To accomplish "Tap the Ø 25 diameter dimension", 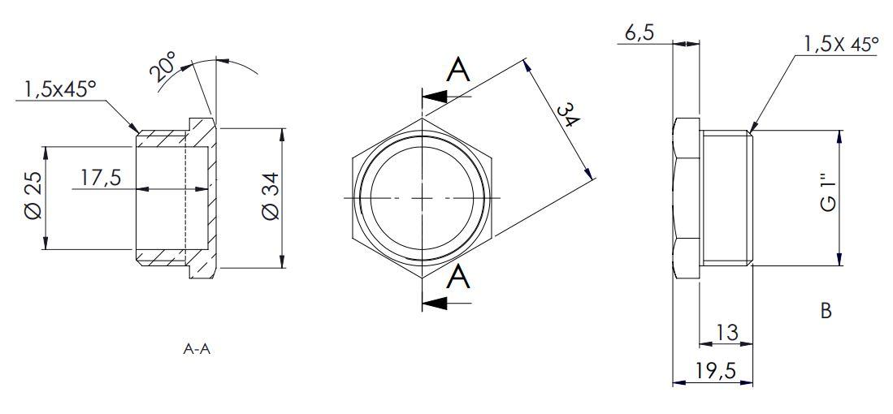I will click(32, 199).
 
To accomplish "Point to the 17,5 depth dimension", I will click(102, 178).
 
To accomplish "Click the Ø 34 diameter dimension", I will click(271, 199).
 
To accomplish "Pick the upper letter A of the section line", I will click(458, 71).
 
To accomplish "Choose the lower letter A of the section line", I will click(458, 279).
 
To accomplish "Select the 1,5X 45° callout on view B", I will click(840, 45).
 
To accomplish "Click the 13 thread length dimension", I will click(727, 332).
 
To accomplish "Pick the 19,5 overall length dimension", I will click(715, 372).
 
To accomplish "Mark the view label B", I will click(826, 311).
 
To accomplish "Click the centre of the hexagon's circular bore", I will click(423, 198).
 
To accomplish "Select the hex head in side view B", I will click(687, 199).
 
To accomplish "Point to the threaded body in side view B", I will click(727, 199).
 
